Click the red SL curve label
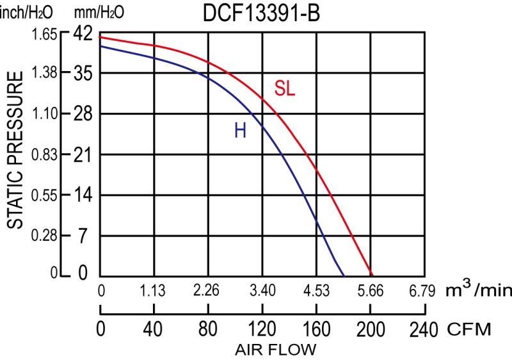pos(285,89)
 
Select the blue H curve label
pos(240,131)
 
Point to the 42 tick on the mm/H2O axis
pos(84,33)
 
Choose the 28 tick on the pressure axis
pos(84,114)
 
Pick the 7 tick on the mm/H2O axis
pos(83,236)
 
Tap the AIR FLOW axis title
pos(275,350)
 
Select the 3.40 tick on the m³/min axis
pos(262,291)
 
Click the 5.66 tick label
pos(370,291)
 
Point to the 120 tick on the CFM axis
pos(262,330)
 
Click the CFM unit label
pos(469,330)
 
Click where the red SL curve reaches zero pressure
pos(371,275)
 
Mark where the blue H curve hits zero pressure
pos(344,275)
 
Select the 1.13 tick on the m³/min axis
pos(153,291)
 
